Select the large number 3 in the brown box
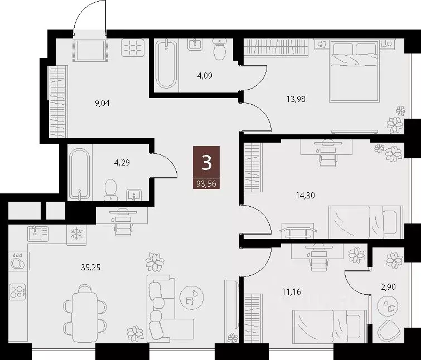206,163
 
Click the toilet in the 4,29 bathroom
110,188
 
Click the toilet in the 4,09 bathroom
220,49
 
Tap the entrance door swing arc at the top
89,17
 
